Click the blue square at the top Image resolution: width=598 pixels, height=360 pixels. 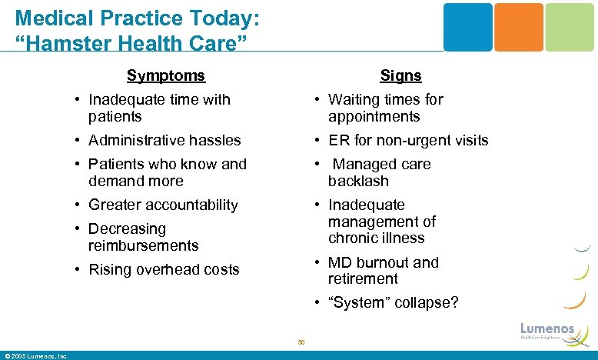467,27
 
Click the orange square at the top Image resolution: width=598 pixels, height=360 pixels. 518,27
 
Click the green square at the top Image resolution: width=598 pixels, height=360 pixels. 570,27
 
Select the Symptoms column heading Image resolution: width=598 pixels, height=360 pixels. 166,75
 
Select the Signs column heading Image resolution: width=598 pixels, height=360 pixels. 400,75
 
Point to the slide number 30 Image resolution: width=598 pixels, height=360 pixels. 301,342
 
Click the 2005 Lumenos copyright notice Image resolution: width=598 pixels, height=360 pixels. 37,355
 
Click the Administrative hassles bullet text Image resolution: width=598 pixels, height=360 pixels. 164,140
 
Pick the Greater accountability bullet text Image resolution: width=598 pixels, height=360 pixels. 163,205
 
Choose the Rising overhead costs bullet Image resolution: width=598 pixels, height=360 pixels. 164,269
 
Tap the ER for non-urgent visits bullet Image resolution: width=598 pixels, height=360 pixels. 408,140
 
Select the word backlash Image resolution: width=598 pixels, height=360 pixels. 358,181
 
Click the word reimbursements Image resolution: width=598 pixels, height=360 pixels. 143,245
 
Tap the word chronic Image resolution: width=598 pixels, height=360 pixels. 352,238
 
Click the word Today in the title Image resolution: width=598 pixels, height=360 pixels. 223,16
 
